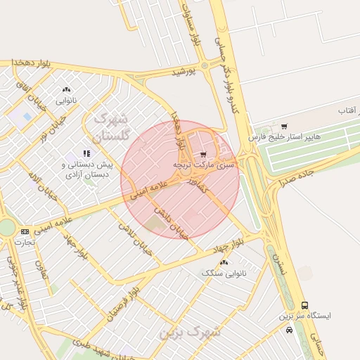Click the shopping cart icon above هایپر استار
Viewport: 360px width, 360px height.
click(283, 126)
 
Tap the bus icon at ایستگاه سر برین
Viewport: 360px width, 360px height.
click(304, 305)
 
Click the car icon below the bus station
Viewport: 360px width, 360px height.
click(290, 329)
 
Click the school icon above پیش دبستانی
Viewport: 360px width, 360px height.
click(86, 153)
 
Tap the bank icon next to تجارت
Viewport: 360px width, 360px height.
click(25, 231)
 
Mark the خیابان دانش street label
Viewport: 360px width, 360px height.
click(172, 223)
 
